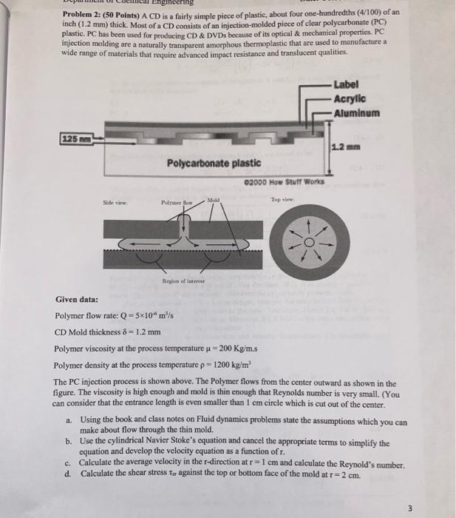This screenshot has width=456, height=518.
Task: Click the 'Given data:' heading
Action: (77, 300)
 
